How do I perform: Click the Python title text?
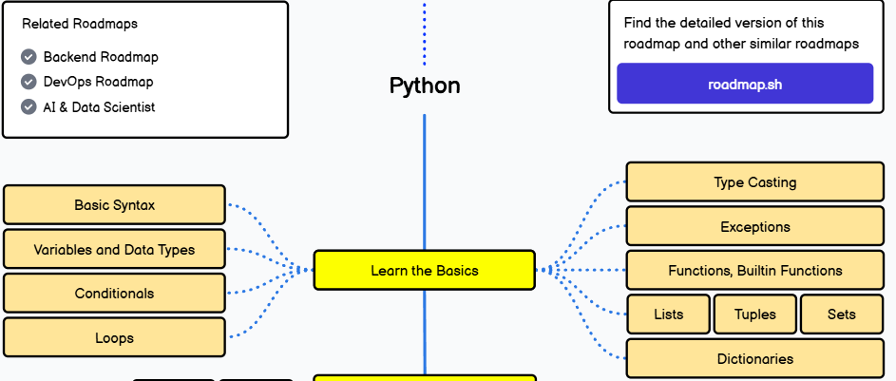pos(425,86)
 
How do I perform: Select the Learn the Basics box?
pos(425,271)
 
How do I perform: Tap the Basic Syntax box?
pos(115,205)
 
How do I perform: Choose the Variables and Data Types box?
pos(115,250)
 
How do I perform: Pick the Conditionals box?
pos(115,294)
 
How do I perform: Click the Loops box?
pos(115,337)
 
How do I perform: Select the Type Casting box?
pos(755,182)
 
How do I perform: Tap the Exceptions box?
pos(755,227)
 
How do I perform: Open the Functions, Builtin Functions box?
pos(755,271)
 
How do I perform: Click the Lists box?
pos(669,314)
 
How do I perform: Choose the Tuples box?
pos(755,314)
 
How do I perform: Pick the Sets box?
pos(842,314)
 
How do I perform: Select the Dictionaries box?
pos(755,359)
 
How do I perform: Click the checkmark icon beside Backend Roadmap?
pos(29,57)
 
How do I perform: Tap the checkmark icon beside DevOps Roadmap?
pos(29,82)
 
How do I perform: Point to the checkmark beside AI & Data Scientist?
pos(29,107)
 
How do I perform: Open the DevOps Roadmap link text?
pos(98,82)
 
